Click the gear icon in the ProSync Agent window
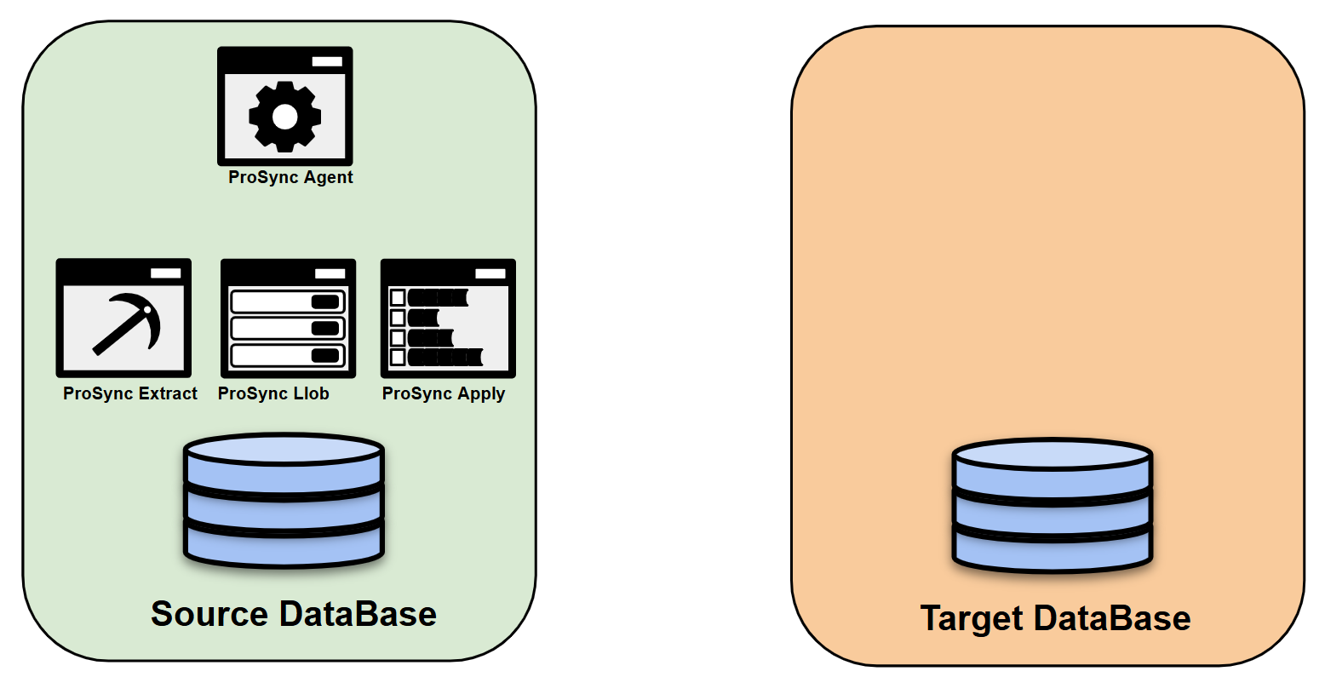tap(284, 116)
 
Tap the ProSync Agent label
tap(290, 177)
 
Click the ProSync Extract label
tap(130, 393)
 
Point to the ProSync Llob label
tap(273, 393)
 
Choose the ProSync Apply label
tap(444, 393)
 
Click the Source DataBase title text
tap(294, 614)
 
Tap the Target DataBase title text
tap(1055, 618)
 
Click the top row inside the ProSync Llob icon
tap(288, 301)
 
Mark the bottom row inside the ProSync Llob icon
tap(288, 355)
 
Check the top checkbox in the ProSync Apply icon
tap(398, 297)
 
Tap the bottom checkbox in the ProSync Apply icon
tap(398, 357)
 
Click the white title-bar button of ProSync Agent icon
tap(327, 61)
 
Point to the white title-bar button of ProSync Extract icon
tap(166, 273)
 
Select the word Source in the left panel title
tap(209, 614)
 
